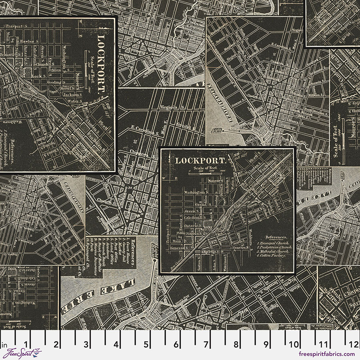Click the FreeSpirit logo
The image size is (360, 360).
[x=22, y=353]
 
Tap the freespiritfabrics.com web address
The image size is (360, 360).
[x=326, y=354]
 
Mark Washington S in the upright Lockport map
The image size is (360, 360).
[x=194, y=192]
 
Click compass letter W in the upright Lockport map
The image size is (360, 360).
[x=164, y=178]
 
